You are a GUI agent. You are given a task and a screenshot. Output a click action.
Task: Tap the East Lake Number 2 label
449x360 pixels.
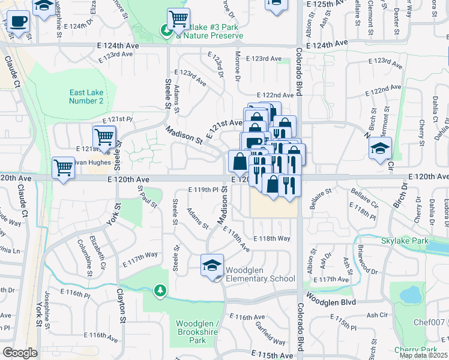tap(86, 97)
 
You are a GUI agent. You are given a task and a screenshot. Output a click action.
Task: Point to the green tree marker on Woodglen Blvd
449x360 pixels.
tap(160, 291)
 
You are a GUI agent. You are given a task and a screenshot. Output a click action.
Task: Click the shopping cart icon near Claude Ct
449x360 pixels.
tap(63, 167)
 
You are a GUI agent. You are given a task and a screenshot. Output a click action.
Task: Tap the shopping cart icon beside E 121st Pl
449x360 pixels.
tap(104, 136)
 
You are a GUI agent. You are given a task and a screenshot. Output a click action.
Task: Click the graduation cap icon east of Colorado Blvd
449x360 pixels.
tap(380, 148)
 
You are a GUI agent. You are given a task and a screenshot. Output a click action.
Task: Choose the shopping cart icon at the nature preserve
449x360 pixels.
tap(178, 19)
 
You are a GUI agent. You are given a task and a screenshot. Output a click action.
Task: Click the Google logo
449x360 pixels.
tap(20, 353)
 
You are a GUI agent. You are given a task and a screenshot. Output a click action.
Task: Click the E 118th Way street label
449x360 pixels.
tap(271, 238)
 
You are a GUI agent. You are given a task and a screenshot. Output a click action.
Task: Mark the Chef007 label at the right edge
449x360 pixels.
tap(431, 322)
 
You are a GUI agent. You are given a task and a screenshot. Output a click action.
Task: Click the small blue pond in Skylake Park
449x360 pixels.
tap(410, 295)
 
